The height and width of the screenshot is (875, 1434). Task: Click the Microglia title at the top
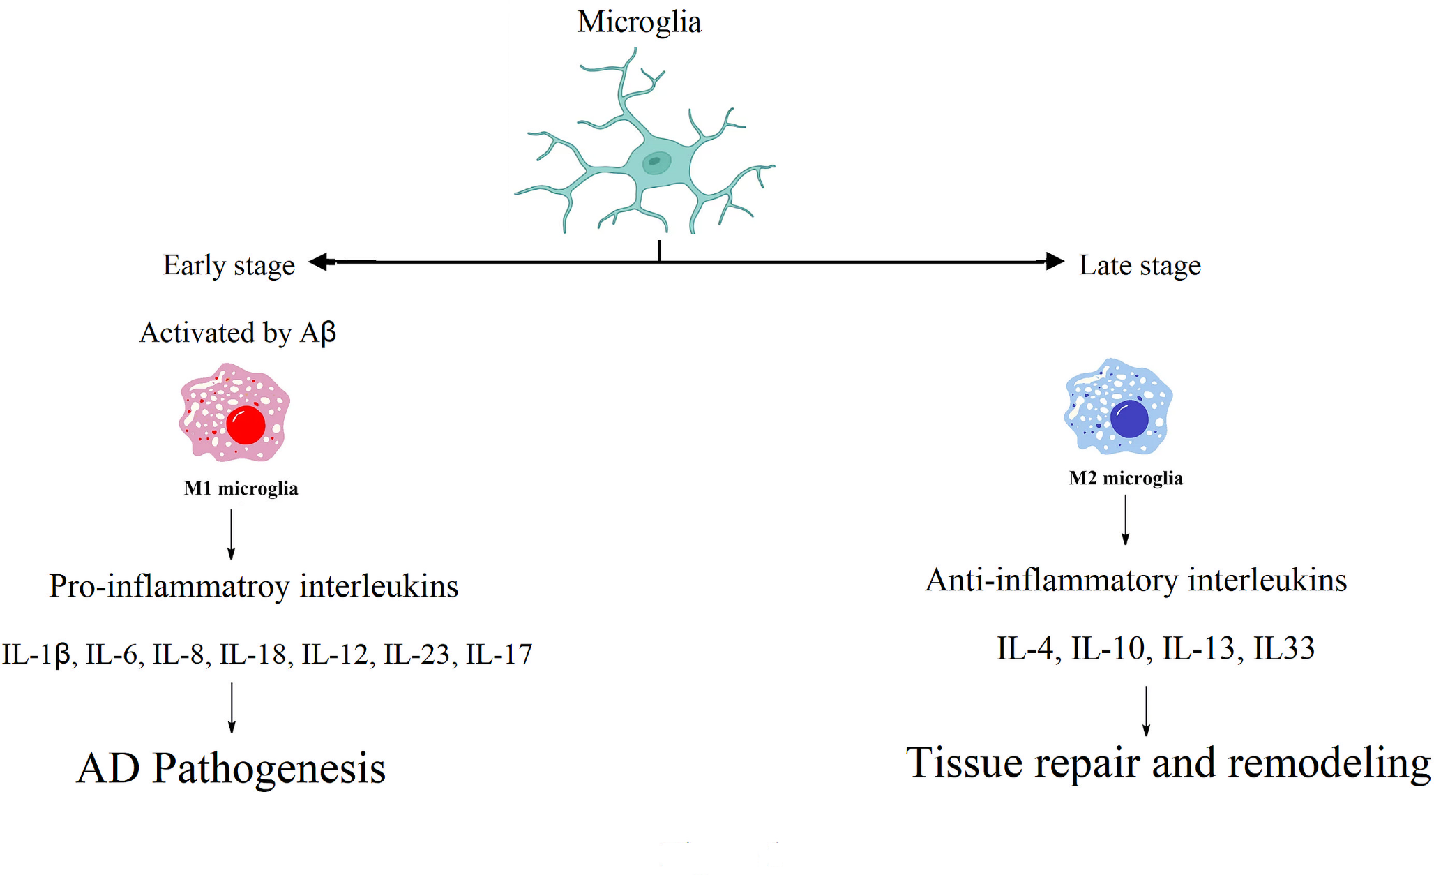click(x=639, y=22)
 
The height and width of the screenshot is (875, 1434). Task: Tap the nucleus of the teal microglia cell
click(x=655, y=163)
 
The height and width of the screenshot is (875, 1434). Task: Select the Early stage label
click(x=229, y=266)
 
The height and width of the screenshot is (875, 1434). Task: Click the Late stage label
click(x=1140, y=266)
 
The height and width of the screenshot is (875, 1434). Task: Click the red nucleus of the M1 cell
click(x=246, y=424)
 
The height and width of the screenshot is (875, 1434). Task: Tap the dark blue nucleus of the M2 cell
click(x=1129, y=419)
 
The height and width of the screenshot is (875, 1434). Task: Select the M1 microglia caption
click(x=241, y=488)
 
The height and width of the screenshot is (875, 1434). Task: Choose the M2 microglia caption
click(x=1126, y=478)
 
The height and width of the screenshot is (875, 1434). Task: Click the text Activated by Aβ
click(x=238, y=333)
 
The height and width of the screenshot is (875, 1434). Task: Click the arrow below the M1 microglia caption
click(x=232, y=534)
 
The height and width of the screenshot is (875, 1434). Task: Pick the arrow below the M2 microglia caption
click(x=1125, y=520)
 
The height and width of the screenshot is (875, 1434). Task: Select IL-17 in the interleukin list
click(x=499, y=655)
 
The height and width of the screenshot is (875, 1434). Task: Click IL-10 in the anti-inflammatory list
click(x=1108, y=649)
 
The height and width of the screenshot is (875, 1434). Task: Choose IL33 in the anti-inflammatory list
click(x=1283, y=649)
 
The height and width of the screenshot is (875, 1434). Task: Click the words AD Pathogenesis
click(x=231, y=769)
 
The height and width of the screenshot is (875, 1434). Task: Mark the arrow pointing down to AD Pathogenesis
click(x=232, y=708)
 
